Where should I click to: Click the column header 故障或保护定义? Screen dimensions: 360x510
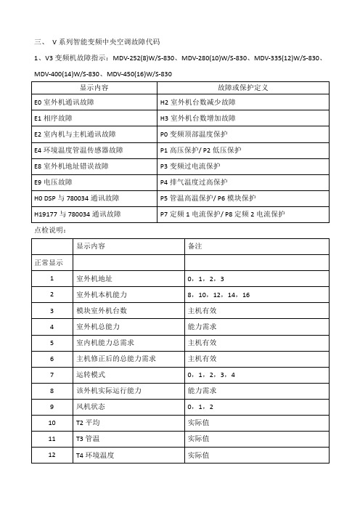[243, 88]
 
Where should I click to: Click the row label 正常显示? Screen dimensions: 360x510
[46, 262]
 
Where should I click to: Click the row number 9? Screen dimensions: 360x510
[52, 406]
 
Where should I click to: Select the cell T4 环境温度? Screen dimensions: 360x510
[95, 455]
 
